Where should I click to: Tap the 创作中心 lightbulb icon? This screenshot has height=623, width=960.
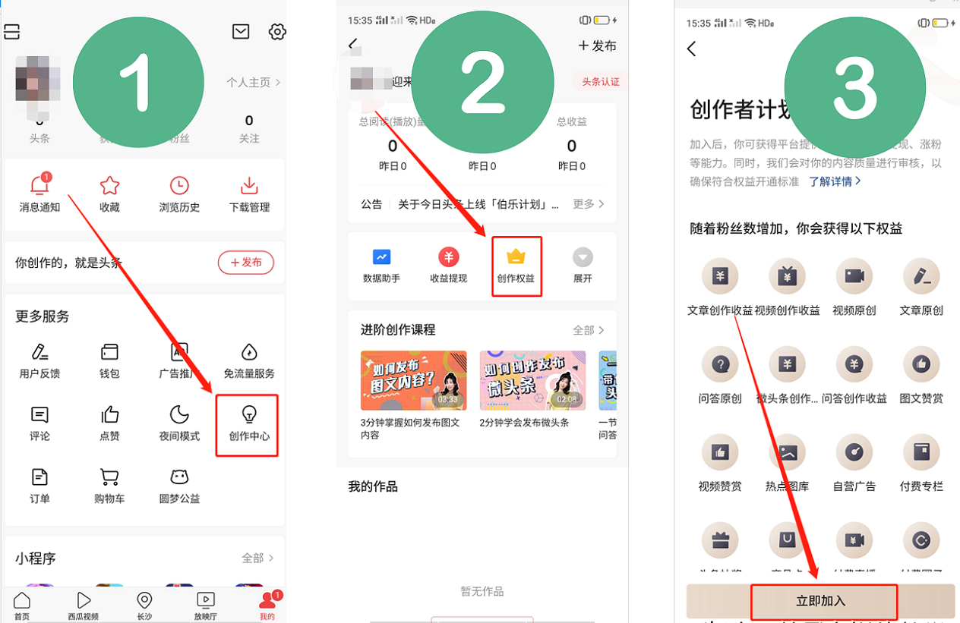248,414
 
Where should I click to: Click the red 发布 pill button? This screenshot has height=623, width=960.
246,263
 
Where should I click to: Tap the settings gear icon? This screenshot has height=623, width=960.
277,32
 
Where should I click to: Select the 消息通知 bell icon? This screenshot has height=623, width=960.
39,185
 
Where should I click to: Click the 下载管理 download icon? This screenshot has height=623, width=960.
249,185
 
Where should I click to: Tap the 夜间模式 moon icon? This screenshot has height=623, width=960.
179,414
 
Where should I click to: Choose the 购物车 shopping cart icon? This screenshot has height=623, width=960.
109,477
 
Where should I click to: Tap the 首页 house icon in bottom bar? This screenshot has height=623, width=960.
22,601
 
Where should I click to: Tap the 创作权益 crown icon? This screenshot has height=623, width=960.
516,256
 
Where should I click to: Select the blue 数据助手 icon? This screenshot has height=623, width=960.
381,256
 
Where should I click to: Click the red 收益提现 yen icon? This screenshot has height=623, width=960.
449,256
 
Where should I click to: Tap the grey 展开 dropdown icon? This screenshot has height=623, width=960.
583,256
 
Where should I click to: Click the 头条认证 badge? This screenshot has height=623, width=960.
600,82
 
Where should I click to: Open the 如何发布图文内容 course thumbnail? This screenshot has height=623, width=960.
413,380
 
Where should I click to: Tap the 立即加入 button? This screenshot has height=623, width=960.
821,601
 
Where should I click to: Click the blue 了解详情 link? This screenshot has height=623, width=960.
835,181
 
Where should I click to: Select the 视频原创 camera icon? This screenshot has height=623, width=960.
854,276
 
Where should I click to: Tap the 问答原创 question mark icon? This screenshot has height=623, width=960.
720,365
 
